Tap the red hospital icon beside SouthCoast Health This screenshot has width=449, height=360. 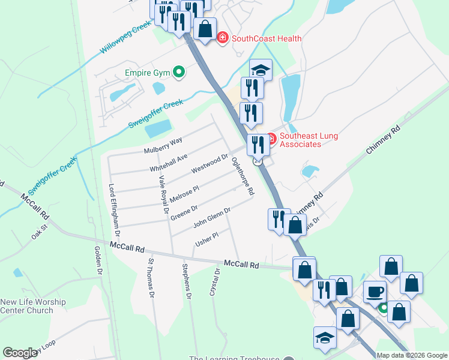223,38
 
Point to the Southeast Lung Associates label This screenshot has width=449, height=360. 309,140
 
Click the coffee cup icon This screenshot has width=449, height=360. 376,292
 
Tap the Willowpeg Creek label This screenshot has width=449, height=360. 125,38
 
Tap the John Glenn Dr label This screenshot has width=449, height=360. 211,218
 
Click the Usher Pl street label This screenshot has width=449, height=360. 206,240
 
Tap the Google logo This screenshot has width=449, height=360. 20,353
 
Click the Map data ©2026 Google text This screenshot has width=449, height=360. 412,355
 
